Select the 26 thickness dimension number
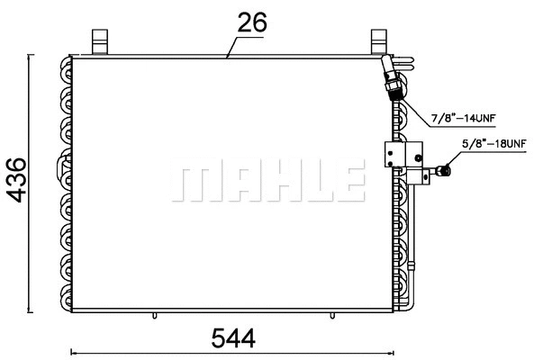[252, 23]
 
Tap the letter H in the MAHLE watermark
[274, 183]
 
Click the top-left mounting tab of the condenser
[100, 41]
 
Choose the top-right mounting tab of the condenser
[378, 41]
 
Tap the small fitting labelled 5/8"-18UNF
[442, 168]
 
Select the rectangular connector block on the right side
[396, 155]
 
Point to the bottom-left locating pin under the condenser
[155, 316]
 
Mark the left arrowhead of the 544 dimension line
[72, 351]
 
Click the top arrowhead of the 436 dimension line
[32, 57]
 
